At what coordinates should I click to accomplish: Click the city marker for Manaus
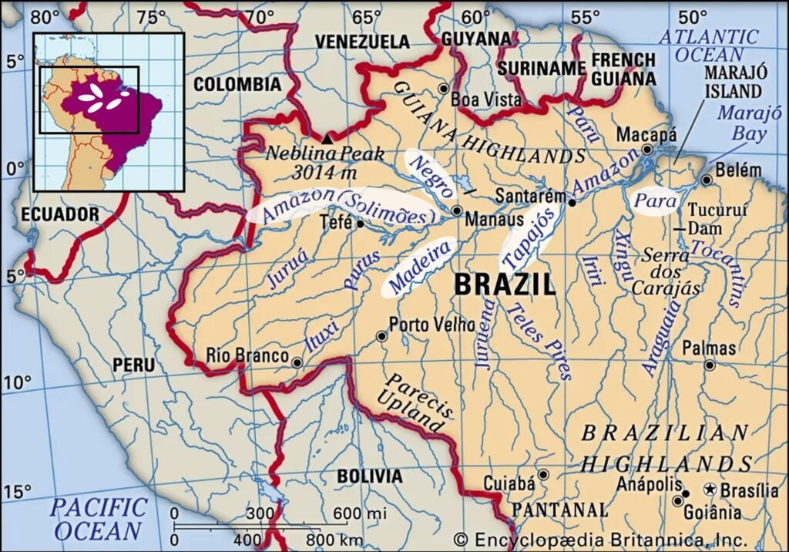tap(457, 210)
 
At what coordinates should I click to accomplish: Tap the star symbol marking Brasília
tap(710, 490)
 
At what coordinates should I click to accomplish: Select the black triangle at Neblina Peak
tap(328, 139)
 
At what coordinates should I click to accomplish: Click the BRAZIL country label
tap(505, 284)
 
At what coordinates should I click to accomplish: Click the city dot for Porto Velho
tap(381, 336)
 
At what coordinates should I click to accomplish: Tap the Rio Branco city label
tap(247, 356)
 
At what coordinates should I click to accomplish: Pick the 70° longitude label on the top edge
tap(255, 17)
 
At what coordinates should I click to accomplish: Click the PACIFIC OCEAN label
tap(100, 519)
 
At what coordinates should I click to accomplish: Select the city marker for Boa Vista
tap(443, 89)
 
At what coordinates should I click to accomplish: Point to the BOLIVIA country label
tap(368, 476)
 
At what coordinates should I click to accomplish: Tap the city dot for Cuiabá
tap(544, 474)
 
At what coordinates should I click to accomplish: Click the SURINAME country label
tap(542, 68)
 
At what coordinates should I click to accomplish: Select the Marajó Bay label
tap(742, 123)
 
